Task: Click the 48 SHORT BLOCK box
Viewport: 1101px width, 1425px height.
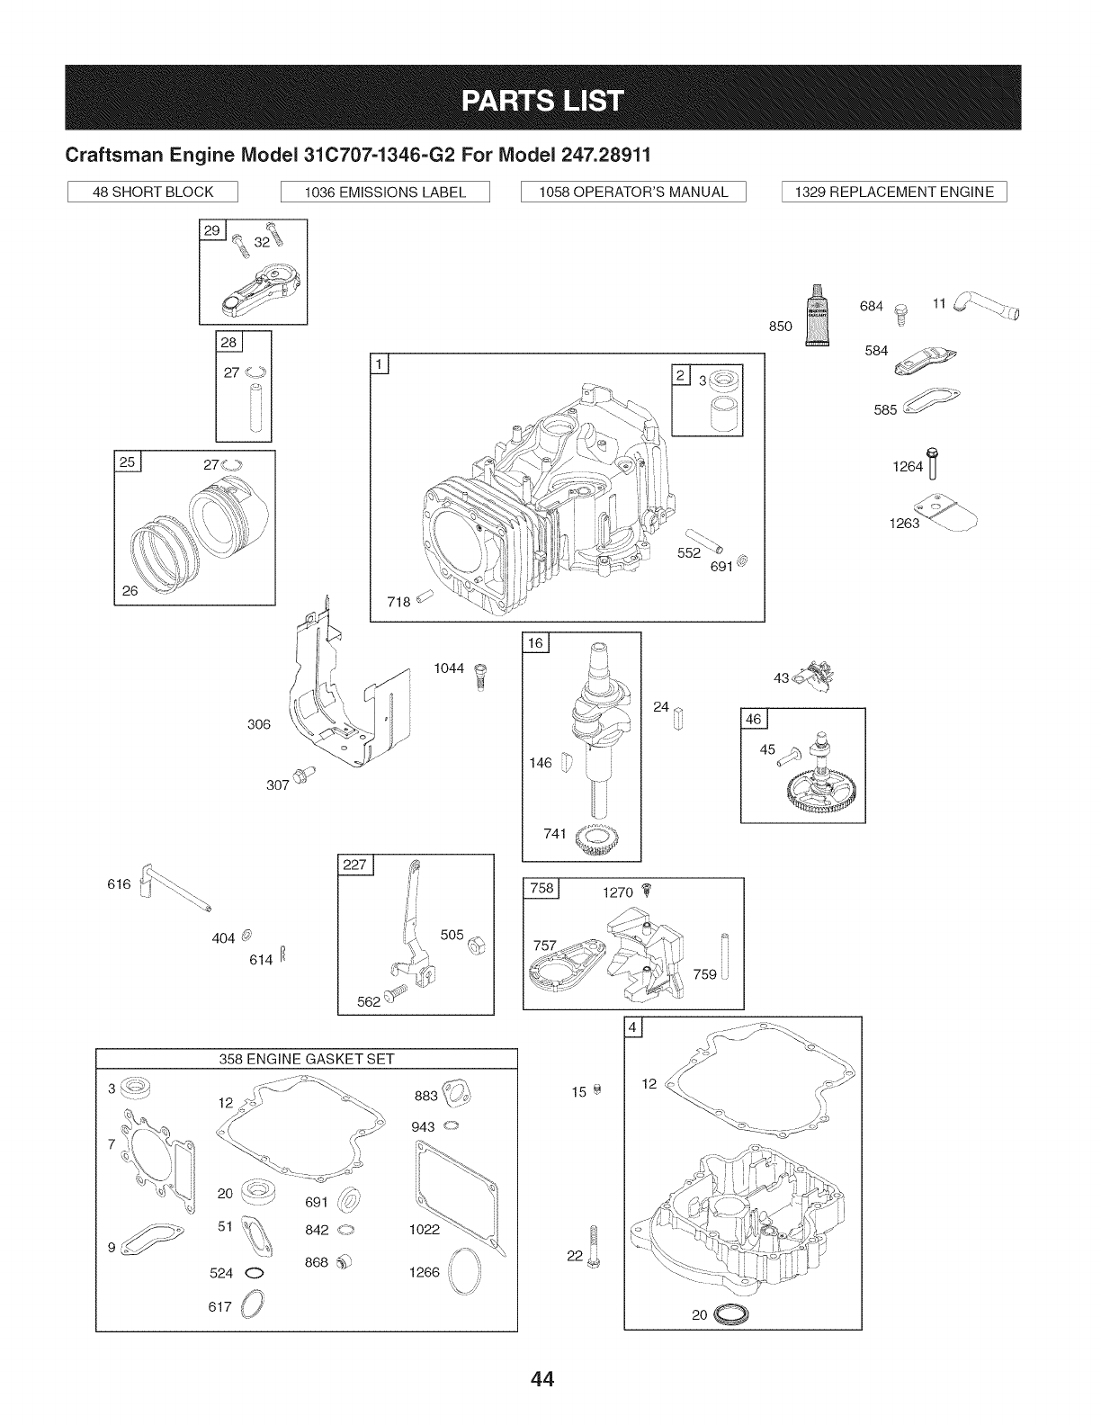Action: pyautogui.click(x=153, y=192)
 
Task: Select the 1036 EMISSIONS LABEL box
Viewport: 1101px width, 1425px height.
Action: pyautogui.click(x=385, y=192)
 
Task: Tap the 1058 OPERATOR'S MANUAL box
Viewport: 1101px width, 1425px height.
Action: pyautogui.click(x=634, y=192)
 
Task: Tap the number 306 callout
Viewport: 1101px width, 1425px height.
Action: pyautogui.click(x=258, y=724)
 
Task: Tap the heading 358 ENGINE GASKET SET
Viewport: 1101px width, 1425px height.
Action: pyautogui.click(x=307, y=1058)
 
